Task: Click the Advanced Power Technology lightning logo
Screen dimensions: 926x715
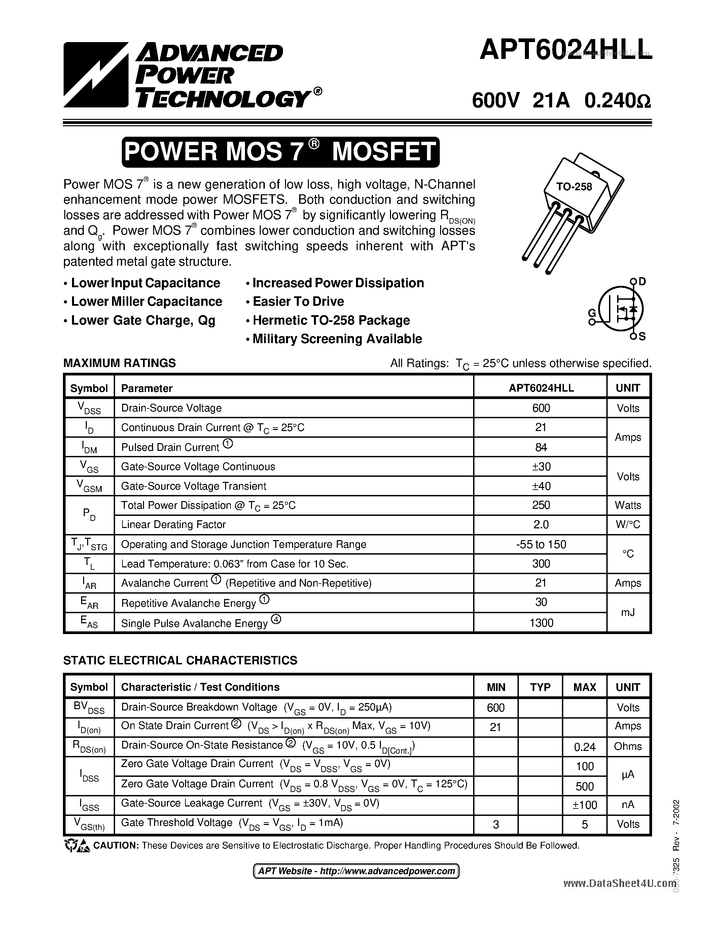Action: click(96, 75)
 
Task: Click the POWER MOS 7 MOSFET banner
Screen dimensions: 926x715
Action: click(280, 152)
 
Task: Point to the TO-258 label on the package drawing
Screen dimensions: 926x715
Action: click(574, 187)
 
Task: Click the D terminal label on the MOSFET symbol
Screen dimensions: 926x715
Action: click(642, 282)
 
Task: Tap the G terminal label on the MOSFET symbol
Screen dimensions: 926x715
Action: click(592, 313)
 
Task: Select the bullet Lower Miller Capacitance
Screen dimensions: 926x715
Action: click(146, 301)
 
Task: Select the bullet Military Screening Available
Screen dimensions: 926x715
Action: click(337, 339)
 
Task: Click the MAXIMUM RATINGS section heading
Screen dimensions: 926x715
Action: click(119, 363)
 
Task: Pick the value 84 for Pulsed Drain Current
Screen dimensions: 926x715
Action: click(541, 447)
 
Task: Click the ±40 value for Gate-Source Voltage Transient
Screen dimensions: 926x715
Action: click(541, 486)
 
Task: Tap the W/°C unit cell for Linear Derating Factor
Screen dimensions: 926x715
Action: click(628, 525)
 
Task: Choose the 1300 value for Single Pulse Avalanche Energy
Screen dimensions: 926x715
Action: click(541, 623)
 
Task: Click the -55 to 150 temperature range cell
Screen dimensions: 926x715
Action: click(541, 544)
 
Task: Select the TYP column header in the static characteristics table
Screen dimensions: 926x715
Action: click(540, 687)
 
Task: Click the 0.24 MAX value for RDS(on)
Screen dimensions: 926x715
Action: click(584, 747)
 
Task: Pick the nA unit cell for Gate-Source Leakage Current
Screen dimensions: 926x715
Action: click(628, 805)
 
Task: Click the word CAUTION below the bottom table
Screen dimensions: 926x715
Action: click(116, 846)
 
